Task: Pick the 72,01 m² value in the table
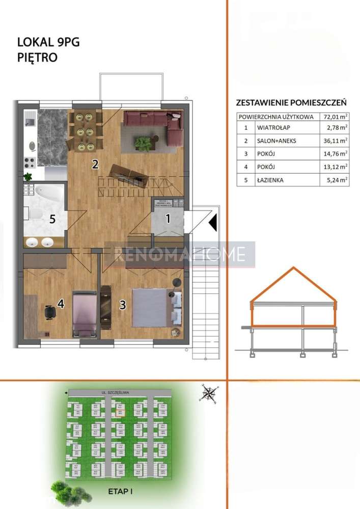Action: point(334,117)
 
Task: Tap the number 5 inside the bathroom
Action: point(51,220)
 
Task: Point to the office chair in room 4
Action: point(49,311)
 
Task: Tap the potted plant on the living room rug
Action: point(143,142)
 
